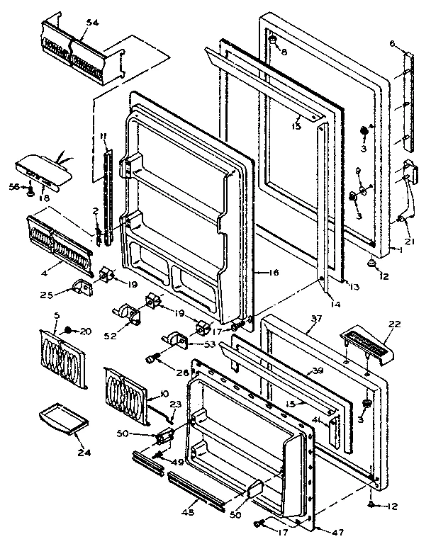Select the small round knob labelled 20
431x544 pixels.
pyautogui.click(x=69, y=330)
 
